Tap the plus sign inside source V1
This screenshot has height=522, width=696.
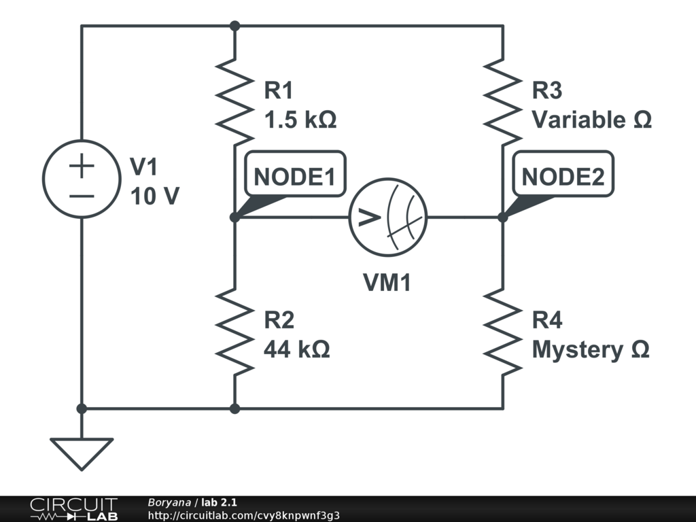(82, 166)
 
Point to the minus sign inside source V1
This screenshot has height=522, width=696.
(82, 196)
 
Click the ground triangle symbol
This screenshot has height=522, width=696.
(82, 453)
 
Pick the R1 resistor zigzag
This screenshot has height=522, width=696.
(234, 102)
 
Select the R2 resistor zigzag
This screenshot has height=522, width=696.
(234, 332)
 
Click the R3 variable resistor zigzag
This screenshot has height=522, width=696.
(502, 102)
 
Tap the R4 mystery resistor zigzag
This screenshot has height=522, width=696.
(502, 332)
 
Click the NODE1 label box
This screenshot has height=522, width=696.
(295, 173)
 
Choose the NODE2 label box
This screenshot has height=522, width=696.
(563, 173)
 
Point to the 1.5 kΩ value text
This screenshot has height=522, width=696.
(300, 120)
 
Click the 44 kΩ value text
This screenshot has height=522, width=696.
(297, 349)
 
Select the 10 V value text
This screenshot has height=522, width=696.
(155, 196)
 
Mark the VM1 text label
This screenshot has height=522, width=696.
(387, 282)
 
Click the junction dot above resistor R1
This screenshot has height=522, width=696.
(234, 27)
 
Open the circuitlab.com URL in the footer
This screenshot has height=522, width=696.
(244, 515)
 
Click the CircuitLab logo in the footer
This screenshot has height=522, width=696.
(73, 508)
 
